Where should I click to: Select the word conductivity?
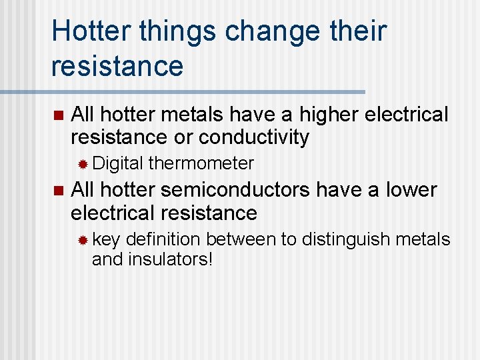pos(254,137)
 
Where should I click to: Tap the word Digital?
pos(117,163)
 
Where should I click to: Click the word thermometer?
pos(201,163)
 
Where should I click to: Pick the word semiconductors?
pos(235,190)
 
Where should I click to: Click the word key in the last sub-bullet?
pos(106,239)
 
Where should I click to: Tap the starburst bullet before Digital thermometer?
pos(83,164)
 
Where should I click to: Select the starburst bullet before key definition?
pos(83,240)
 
